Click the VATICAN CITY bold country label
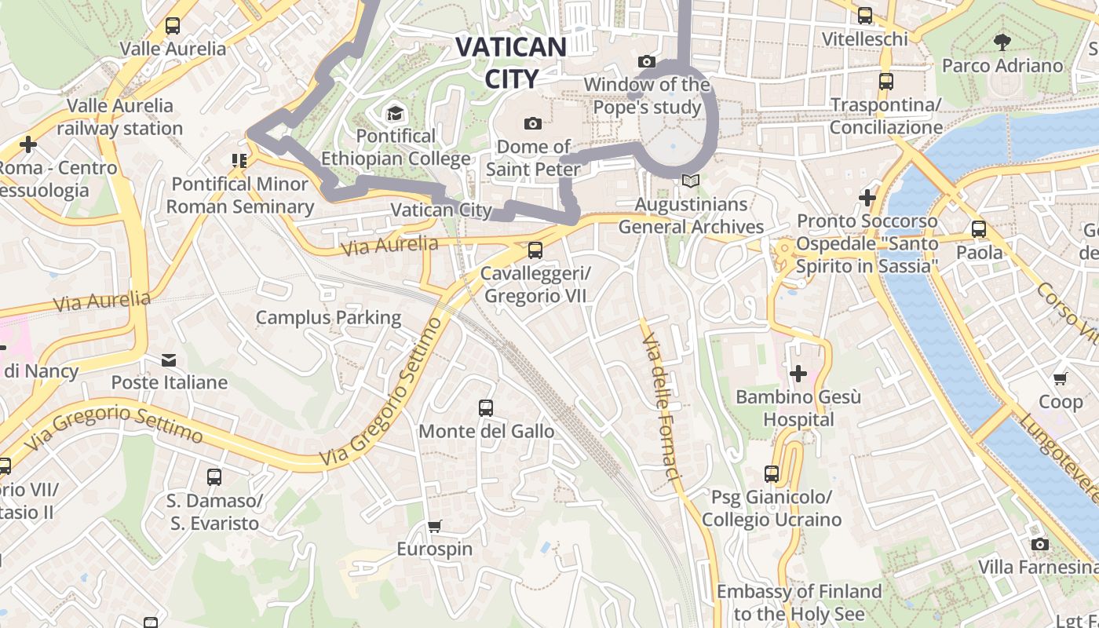pos(511,62)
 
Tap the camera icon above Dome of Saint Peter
pos(533,123)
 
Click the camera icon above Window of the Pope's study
pos(647,61)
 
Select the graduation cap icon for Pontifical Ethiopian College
pos(395,114)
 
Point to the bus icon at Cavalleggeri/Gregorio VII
pos(535,250)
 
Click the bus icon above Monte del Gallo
pos(486,408)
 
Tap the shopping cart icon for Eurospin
pos(434,526)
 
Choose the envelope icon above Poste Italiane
pos(169,360)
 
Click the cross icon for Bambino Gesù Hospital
pos(798,374)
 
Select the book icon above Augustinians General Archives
pos(691,181)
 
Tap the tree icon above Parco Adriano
pos(1002,42)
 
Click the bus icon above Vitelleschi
pos(865,16)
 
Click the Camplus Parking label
pos(328,318)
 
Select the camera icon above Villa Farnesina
pos(1039,544)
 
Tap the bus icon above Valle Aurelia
pos(173,26)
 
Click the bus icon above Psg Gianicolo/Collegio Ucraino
pos(772,474)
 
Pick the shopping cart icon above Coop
pos(1061,379)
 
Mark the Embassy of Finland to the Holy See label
pos(799,602)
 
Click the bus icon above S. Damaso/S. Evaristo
pos(214,477)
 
